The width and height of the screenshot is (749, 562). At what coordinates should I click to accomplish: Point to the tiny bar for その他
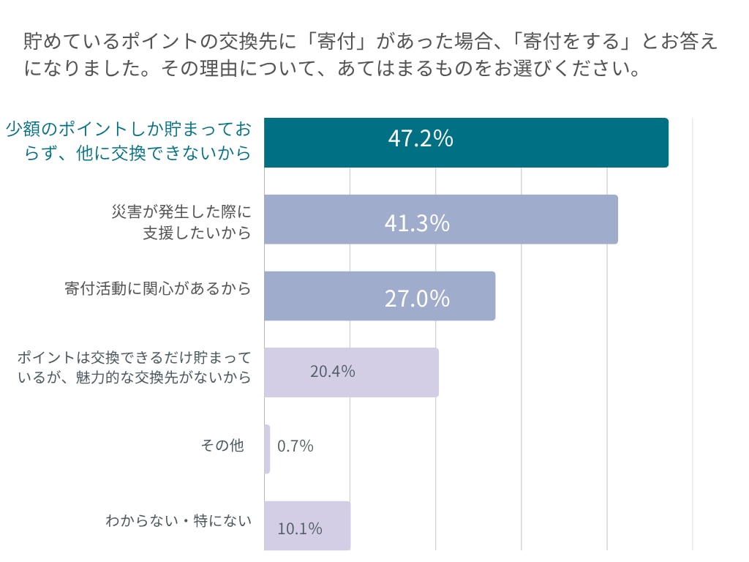point(267,449)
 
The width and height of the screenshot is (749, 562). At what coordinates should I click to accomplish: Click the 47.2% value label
point(421,138)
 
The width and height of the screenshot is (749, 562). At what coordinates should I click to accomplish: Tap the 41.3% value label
point(417,222)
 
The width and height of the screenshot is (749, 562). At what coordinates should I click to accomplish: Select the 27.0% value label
point(417,299)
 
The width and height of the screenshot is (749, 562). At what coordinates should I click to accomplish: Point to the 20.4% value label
point(333,372)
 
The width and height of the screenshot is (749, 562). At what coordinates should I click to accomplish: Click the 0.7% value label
point(296,446)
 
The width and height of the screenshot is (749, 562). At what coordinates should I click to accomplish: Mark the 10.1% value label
point(300,528)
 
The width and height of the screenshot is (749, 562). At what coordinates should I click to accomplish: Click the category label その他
point(222,444)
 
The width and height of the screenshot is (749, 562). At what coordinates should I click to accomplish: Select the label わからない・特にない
point(178,521)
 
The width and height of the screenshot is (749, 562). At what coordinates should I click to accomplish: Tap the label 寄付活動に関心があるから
point(157,288)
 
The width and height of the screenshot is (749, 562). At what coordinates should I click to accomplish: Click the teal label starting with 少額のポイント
point(128,142)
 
